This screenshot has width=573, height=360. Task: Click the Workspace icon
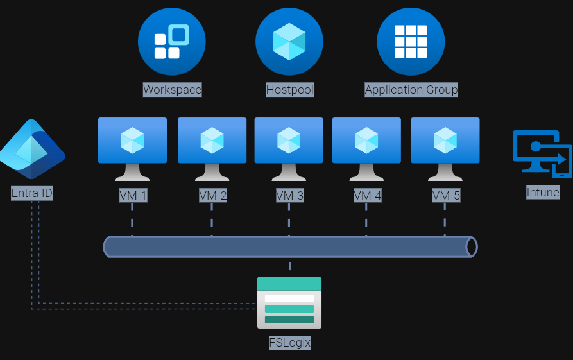coord(171,42)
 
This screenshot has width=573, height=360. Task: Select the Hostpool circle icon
coord(289,42)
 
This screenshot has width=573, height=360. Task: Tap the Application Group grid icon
coord(411,42)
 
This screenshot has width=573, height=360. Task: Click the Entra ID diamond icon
coord(32,149)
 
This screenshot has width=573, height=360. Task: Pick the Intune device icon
coord(542,153)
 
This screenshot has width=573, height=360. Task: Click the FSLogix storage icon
coord(289,303)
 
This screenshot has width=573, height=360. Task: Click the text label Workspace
coord(172,90)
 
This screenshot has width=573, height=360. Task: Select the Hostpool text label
coord(290,90)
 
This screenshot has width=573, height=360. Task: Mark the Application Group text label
coord(411,90)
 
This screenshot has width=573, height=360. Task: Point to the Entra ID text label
coord(32,193)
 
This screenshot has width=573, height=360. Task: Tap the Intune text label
coord(543,192)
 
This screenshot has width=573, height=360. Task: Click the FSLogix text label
coord(290,343)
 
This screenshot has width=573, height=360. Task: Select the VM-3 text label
coord(289,195)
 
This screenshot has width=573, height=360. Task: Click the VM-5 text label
coord(446,195)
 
